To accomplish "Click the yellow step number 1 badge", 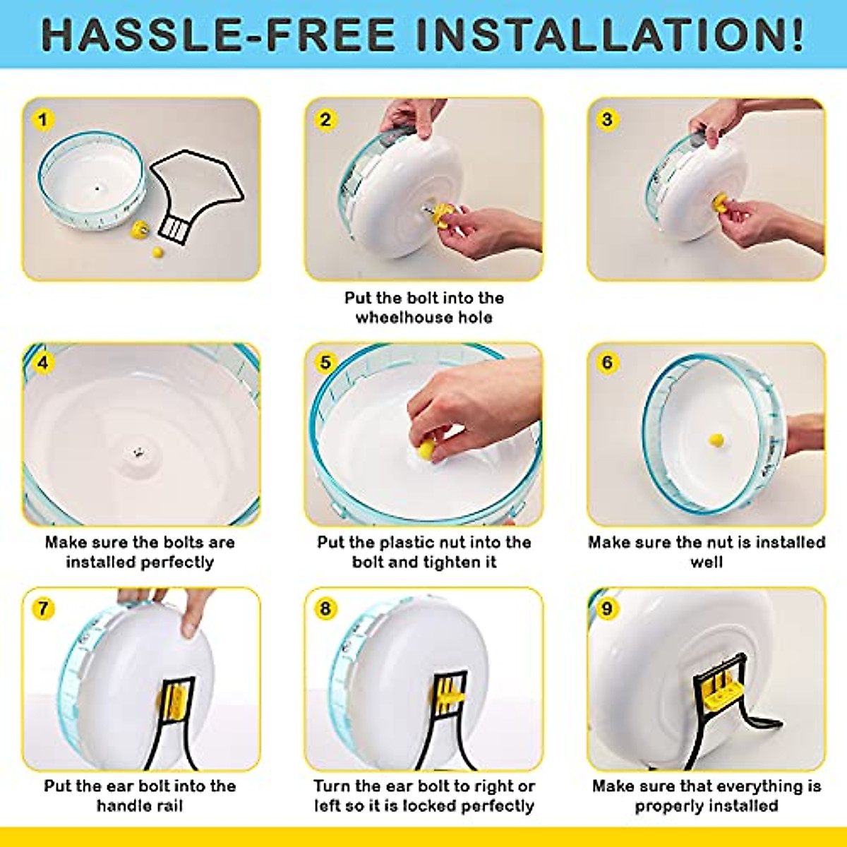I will pos(43,119).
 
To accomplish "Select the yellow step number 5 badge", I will pos(325,363).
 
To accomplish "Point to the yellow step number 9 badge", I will pos(607,608).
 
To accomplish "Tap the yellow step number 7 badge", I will pos(43,608).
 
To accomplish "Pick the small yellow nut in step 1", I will pos(157,251).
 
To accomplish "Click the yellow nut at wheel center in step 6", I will pos(716,440).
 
